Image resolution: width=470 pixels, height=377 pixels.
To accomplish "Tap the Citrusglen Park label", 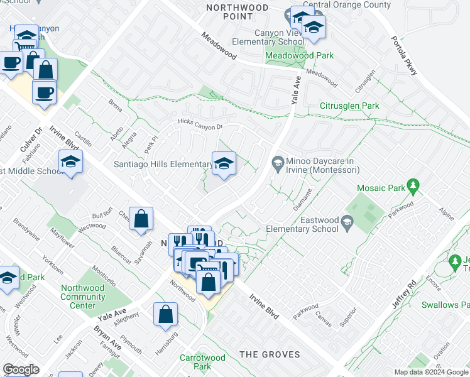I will point(349,106).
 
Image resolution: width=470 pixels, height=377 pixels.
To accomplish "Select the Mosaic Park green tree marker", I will point(413,186).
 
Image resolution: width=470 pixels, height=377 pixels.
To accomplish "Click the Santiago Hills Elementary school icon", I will point(223,165).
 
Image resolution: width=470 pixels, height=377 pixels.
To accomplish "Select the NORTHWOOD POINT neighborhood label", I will point(238,12).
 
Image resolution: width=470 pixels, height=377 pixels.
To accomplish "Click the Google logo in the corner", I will point(21,369).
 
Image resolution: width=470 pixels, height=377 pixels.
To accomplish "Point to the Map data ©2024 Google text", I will point(431,372).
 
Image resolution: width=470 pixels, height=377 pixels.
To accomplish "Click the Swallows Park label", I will point(445,305).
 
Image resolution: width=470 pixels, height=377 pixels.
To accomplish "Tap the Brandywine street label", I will point(25,229).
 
